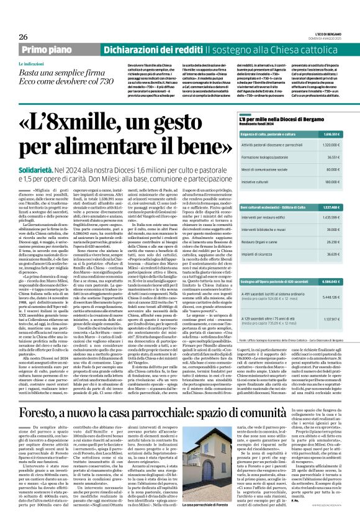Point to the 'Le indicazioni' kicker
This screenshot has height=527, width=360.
click(34, 64)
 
